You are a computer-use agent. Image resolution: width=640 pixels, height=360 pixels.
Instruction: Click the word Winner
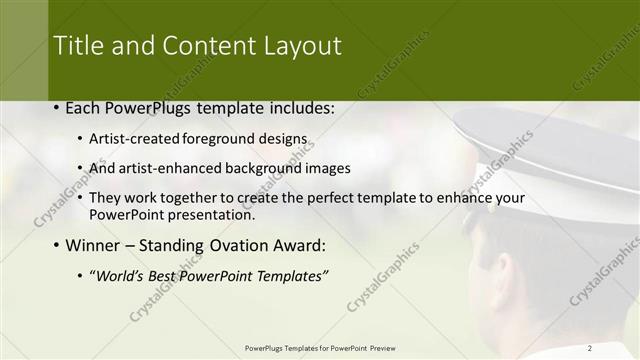click(96, 245)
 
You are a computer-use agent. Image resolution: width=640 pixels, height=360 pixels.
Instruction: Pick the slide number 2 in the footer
click(590, 347)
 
